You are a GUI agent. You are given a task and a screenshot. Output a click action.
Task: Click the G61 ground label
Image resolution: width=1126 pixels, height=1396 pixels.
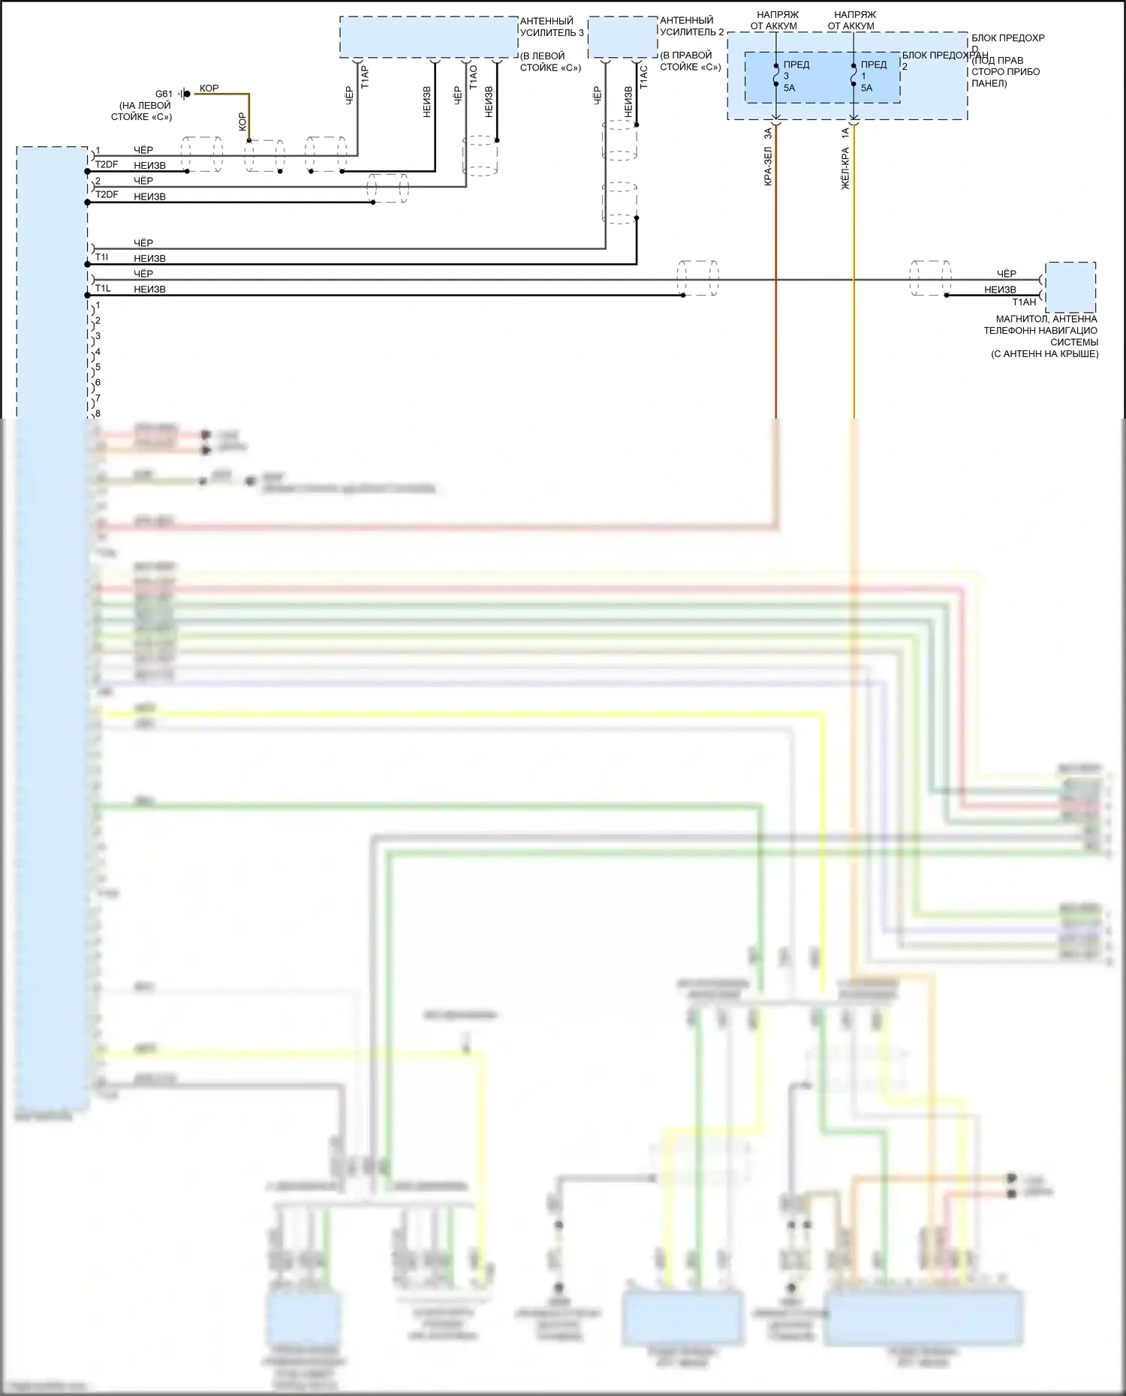[x=164, y=94]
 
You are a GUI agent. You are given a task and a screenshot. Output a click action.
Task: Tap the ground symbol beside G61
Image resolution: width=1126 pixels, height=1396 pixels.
[x=182, y=94]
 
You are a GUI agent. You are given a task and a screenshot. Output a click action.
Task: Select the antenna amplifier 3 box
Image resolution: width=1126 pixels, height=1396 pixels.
[x=429, y=37]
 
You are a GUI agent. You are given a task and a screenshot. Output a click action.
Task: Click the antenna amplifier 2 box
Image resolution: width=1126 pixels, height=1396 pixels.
[x=622, y=38]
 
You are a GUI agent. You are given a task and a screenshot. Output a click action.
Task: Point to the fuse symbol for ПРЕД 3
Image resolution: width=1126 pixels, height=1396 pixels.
[x=775, y=76]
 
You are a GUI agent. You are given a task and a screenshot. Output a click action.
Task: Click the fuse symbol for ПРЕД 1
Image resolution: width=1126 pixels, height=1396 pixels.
[x=854, y=76]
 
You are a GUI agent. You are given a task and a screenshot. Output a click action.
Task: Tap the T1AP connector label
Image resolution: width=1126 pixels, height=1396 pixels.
[x=366, y=77]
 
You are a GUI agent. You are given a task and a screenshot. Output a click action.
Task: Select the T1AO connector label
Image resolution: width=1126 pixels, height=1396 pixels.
[x=473, y=77]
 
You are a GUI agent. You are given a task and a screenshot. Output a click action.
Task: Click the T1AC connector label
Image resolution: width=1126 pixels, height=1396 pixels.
[x=643, y=77]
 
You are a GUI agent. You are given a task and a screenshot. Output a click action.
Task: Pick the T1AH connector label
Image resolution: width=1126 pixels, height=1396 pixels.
[x=1024, y=302]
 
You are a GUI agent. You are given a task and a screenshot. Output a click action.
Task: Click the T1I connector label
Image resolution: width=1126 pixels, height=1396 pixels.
[x=102, y=258]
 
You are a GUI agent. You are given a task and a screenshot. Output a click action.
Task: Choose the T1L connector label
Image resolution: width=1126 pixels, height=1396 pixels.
[x=103, y=289]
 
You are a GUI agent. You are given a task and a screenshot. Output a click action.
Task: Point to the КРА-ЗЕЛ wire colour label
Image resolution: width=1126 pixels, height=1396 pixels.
[x=769, y=166]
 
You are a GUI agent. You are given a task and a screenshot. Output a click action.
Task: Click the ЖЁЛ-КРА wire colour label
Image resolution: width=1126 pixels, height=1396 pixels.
[x=846, y=168]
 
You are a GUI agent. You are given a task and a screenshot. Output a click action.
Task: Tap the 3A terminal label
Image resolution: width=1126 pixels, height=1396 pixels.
[x=769, y=134]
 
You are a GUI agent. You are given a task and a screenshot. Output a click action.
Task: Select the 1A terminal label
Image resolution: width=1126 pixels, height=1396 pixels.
[x=846, y=134]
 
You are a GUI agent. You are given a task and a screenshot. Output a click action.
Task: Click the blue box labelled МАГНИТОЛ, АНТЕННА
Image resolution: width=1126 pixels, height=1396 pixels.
[x=1070, y=287]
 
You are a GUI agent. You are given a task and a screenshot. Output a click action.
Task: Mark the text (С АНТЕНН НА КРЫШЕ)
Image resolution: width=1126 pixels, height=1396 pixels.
[x=1044, y=354]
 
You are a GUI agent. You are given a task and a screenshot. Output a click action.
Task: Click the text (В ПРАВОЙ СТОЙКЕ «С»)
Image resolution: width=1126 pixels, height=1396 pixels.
[x=690, y=61]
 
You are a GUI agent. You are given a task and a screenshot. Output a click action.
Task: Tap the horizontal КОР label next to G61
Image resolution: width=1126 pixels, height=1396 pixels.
[x=209, y=88]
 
